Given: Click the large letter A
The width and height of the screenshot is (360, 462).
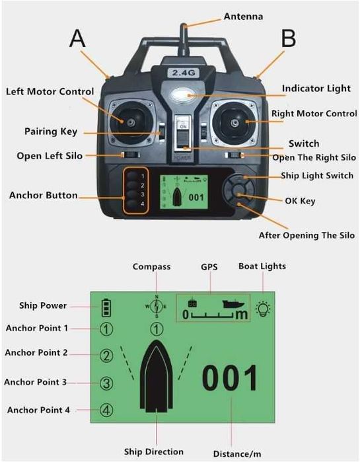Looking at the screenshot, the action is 77,38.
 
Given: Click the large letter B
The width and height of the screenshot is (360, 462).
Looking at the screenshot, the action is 289,38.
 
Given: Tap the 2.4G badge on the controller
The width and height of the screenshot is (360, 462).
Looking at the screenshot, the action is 184,73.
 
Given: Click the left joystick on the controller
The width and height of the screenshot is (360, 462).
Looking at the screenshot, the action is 131,122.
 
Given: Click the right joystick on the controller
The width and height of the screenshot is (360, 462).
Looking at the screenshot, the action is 234,123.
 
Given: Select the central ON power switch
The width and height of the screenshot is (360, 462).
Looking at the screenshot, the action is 183,133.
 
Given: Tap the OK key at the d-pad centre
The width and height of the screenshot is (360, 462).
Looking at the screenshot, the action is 239,191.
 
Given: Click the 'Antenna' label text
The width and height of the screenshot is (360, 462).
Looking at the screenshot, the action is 244,17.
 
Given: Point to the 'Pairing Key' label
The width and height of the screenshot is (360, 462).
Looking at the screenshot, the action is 51,132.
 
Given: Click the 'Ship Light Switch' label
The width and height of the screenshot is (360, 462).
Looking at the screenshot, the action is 317,176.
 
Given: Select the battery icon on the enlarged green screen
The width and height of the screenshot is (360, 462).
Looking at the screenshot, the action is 106,308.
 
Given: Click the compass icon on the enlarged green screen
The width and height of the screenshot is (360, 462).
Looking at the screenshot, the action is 157,307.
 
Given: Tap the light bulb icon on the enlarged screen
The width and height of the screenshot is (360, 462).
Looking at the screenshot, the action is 263,309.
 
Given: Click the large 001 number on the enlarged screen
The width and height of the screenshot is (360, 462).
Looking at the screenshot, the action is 230,377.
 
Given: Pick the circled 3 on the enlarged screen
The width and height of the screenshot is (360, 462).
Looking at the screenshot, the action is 106,383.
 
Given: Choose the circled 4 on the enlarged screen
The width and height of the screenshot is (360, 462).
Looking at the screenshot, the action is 106,410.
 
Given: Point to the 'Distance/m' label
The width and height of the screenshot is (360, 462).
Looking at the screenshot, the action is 237,454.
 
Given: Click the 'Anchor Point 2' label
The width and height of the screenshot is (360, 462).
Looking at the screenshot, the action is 36,353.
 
